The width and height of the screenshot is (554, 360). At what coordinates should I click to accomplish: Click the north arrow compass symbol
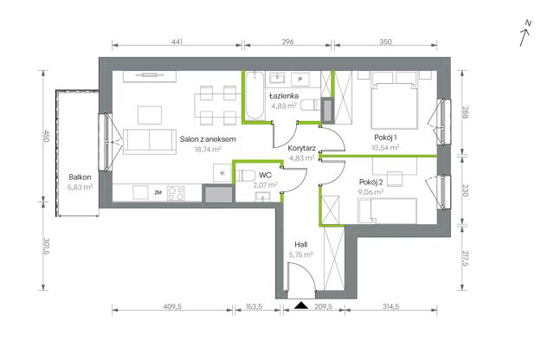click(525, 34)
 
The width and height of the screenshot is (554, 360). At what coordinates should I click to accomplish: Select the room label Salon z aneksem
click(208, 139)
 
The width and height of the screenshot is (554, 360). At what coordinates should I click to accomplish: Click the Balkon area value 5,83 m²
click(80, 187)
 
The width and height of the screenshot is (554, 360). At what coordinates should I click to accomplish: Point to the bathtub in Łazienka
click(254, 95)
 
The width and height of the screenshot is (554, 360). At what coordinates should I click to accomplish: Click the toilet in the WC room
click(245, 176)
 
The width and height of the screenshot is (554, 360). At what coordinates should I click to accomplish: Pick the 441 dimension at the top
click(177, 42)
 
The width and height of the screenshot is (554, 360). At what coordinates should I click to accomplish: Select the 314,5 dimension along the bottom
click(390, 306)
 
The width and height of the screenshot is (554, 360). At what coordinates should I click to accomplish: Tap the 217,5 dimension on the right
click(465, 259)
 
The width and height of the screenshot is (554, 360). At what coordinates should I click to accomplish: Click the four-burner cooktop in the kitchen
click(176, 193)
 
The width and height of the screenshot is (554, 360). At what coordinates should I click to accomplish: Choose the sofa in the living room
click(150, 141)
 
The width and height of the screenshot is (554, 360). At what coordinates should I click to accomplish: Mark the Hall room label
click(300, 244)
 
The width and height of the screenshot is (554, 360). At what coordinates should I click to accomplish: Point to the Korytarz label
click(301, 148)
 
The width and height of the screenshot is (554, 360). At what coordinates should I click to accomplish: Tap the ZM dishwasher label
click(158, 192)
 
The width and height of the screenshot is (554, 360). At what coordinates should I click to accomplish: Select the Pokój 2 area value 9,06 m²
click(370, 192)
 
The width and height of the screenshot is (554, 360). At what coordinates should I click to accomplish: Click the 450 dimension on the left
click(46, 136)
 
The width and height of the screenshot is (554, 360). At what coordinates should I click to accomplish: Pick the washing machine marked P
click(300, 80)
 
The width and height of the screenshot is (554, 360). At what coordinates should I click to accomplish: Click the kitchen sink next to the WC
click(222, 173)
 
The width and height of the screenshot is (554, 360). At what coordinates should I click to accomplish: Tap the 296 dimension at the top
click(288, 42)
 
